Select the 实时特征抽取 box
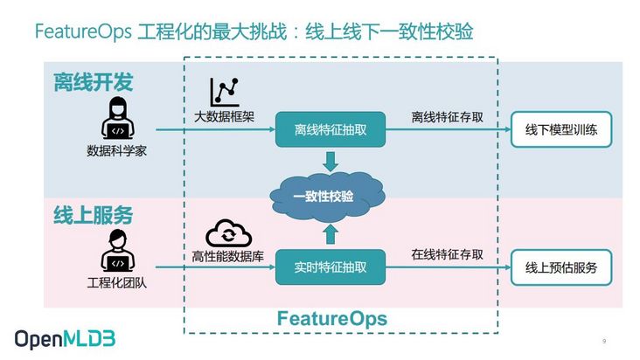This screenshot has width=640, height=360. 330,267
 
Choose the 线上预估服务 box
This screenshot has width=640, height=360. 561,267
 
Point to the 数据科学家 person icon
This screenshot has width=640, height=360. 116,118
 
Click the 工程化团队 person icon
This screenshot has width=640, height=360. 116,252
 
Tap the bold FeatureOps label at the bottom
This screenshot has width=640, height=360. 331,317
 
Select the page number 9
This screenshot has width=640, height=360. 604,340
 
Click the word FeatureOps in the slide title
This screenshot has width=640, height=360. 83,32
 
